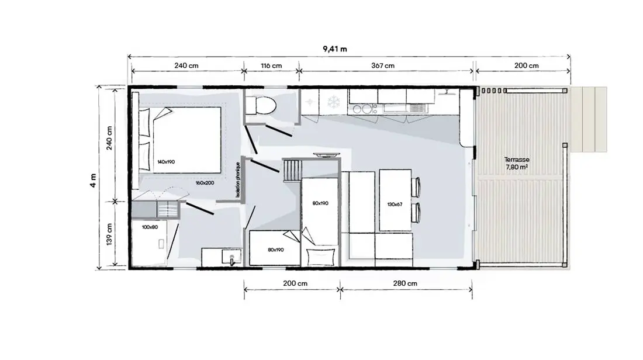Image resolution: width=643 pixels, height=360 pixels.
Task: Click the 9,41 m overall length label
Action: click(334, 49)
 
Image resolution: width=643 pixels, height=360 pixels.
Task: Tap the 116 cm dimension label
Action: click(271, 65)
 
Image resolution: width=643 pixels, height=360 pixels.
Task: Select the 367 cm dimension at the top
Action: click(383, 65)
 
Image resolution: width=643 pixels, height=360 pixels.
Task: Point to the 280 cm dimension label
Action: click(405, 283)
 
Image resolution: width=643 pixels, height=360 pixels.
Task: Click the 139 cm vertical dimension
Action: click(109, 234)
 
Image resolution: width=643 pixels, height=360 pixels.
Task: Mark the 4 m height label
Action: click(94, 181)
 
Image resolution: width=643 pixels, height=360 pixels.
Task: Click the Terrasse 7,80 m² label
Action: click(517, 163)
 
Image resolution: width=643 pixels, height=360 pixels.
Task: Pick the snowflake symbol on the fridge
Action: click(333, 102)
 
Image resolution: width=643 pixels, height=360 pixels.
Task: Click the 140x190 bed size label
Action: click(166, 162)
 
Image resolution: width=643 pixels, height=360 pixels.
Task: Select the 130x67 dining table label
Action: click(395, 204)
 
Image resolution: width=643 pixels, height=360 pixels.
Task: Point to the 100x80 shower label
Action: click(150, 227)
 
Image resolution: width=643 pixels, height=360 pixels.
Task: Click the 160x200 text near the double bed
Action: click(205, 183)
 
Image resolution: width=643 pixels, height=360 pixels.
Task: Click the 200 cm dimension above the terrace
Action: click(526, 65)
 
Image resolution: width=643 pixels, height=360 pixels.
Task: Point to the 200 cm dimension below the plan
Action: click(295, 283)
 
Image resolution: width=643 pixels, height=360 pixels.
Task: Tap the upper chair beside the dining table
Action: click(416, 187)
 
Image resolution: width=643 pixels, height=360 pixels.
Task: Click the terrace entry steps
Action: click(589, 119)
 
